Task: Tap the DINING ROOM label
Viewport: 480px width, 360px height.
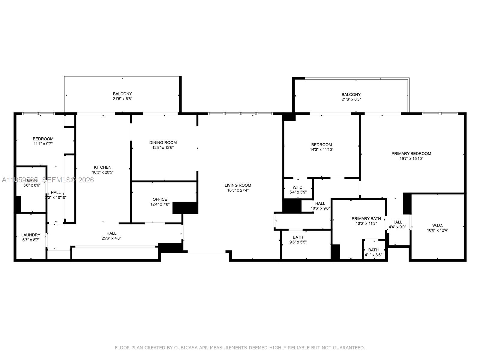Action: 163,142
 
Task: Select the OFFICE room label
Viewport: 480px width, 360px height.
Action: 160,199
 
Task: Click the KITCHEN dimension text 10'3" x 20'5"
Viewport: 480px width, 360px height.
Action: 103,172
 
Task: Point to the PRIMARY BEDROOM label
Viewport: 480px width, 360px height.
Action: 411,154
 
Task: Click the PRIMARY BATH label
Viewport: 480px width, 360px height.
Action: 366,219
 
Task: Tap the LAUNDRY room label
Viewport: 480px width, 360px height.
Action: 31,235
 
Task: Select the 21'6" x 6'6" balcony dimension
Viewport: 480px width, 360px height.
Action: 122,99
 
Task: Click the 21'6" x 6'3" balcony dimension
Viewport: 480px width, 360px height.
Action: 351,99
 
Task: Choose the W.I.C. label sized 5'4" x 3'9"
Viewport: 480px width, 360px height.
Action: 298,187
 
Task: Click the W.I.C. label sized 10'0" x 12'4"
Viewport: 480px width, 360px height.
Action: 437,225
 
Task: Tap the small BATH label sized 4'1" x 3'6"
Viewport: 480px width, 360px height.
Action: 373,250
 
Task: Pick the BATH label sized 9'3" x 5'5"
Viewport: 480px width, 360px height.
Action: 298,237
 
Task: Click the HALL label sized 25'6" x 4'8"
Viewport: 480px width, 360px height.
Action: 111,233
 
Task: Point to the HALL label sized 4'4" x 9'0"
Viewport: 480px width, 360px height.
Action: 397,222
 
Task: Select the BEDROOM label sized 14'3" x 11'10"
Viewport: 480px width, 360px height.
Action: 321,145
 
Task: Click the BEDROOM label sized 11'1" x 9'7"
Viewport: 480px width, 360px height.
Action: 43,139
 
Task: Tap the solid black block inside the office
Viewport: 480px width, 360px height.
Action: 185,208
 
